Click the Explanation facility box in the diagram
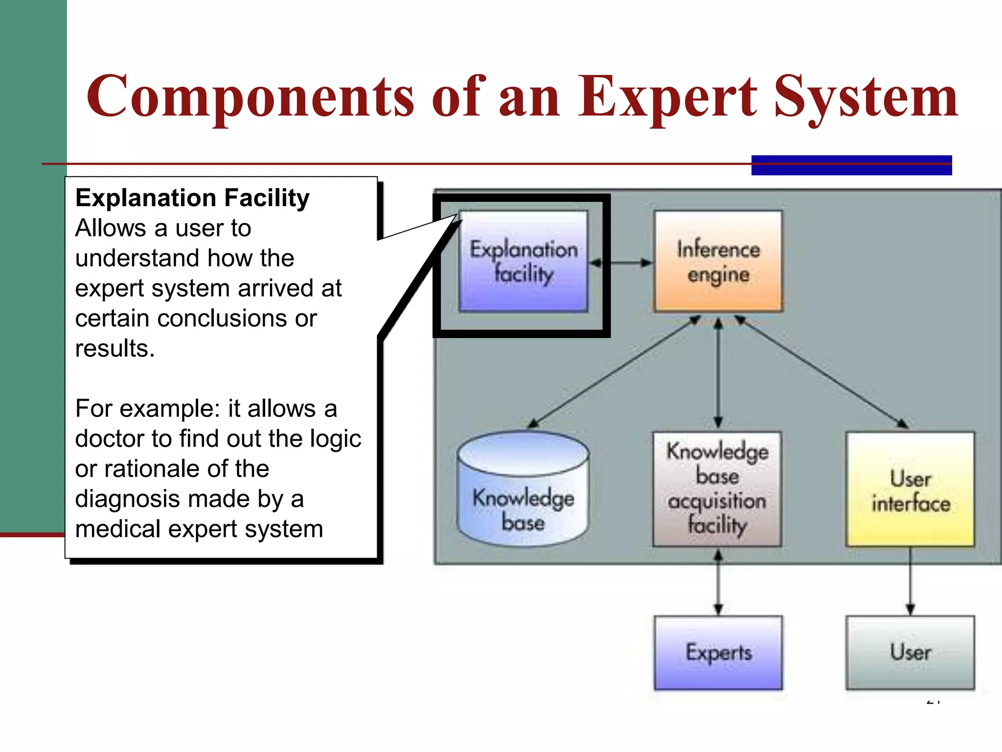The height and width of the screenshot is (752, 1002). click(523, 261)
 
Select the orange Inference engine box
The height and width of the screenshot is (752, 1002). click(718, 261)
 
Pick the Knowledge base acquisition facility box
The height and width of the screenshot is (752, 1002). click(717, 489)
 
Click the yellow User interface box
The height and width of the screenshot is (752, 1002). click(910, 489)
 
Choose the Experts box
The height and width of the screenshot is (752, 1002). click(718, 653)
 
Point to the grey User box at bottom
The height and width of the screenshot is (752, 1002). click(910, 653)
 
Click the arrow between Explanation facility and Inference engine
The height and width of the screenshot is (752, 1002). click(621, 263)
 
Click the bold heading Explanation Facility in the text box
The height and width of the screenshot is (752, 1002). click(192, 198)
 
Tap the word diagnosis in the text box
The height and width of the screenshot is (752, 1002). click(127, 499)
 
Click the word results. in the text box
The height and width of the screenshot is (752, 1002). click(114, 349)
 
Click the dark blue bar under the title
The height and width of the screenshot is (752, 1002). click(851, 165)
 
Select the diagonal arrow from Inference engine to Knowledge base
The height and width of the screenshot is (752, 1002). click(614, 372)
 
